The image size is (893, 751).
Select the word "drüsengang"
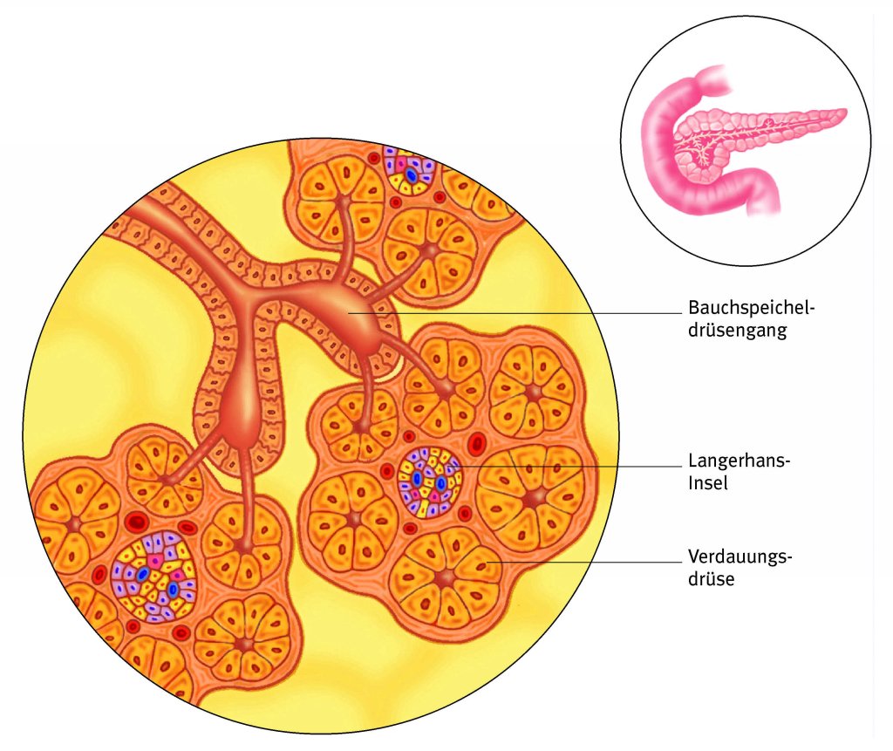tap(738, 331)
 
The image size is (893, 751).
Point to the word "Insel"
tap(707, 483)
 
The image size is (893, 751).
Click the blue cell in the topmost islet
tap(411, 174)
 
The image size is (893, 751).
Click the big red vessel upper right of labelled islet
tap(476, 444)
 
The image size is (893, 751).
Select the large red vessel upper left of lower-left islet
tap(136, 523)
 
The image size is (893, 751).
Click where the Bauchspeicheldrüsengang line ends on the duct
tap(349, 312)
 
